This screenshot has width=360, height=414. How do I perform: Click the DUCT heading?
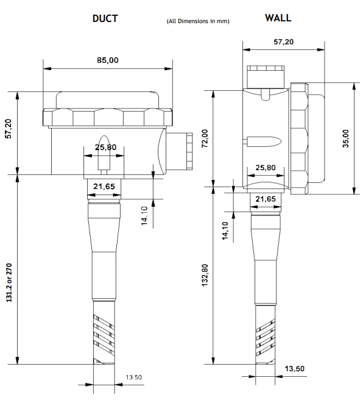click(105, 18)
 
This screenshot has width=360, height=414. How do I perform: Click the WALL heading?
click(278, 18)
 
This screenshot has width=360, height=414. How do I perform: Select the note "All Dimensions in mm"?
click(197, 21)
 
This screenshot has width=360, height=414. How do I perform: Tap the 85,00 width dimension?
click(108, 60)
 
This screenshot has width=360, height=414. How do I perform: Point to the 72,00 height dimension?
click(205, 138)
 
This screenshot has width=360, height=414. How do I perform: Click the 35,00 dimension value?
click(346, 138)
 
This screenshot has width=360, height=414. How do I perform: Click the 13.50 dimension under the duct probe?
click(133, 377)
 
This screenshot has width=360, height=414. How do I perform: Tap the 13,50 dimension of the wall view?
click(295, 368)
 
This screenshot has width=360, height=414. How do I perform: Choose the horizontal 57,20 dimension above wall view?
click(283, 41)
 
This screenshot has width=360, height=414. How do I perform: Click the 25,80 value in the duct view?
click(105, 147)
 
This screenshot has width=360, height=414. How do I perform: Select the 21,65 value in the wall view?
click(266, 199)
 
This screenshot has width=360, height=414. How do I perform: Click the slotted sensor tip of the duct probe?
click(105, 335)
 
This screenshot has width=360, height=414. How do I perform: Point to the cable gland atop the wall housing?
click(266, 76)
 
